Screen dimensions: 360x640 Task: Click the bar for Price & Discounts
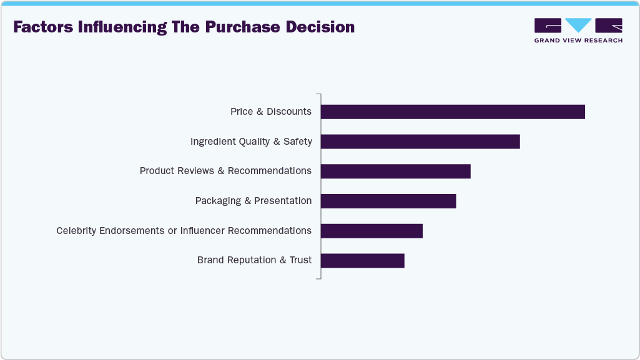coord(453,112)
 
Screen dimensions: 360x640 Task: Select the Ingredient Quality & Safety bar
coord(420,142)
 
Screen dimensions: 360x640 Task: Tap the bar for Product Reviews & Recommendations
coord(395,172)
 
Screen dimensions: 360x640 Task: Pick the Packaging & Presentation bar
coord(388,201)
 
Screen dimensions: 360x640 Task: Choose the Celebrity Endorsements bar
coord(372,231)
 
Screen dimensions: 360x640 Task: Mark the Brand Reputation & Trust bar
coord(363,260)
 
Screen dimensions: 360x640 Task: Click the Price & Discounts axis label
coord(270,112)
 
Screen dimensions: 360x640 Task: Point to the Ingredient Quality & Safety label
coord(251,142)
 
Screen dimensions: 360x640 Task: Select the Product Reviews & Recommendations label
coord(225,171)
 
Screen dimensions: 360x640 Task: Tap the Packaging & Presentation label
coord(253,201)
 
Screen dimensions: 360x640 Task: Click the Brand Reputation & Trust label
coord(254,260)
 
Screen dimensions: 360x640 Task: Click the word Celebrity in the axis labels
coord(77,231)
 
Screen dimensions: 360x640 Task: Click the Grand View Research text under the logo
coord(578,41)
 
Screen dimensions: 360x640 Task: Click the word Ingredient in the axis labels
coord(213,142)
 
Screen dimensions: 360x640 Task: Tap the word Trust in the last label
coord(300,260)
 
